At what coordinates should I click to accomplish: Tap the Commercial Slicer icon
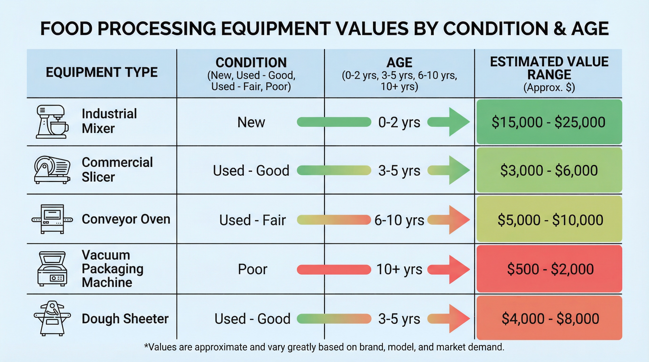52,170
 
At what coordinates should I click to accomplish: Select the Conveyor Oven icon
52,219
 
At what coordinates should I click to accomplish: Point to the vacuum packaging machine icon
52,269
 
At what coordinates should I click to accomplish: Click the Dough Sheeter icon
52,318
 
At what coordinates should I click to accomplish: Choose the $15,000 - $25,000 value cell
549,122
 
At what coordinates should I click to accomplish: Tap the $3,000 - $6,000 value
549,170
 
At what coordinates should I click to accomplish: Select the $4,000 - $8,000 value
550,318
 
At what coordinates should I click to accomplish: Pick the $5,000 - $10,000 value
550,220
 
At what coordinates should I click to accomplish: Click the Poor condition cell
252,269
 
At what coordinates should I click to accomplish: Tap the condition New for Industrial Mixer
251,122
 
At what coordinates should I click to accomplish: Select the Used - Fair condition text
252,220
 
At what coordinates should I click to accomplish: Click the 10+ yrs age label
399,269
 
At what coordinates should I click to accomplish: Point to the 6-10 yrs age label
399,220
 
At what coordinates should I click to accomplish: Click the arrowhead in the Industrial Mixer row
458,122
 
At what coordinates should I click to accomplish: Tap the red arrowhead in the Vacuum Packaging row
458,269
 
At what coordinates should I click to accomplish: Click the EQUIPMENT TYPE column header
102,73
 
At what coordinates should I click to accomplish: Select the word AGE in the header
399,62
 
